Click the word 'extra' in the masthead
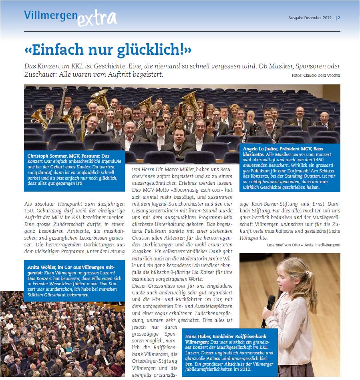[x=97, y=18]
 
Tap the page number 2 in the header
[x=339, y=18]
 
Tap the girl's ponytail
[x=311, y=285]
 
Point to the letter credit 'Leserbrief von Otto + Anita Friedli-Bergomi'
[x=303, y=245]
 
